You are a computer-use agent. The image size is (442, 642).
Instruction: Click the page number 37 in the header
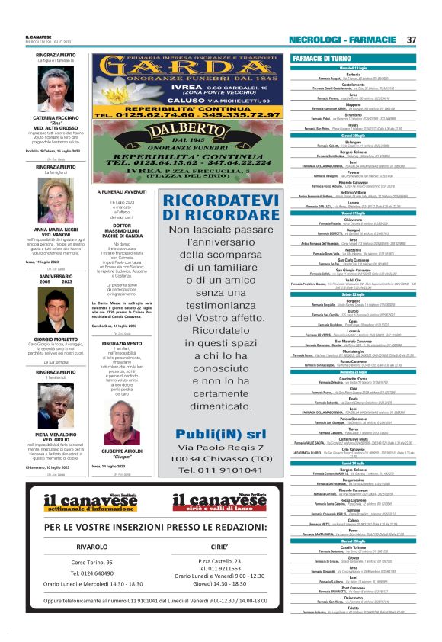[x=411, y=40]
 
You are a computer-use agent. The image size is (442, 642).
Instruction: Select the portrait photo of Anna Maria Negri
[x=56, y=201]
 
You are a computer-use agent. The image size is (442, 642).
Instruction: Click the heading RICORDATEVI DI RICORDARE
[x=213, y=208]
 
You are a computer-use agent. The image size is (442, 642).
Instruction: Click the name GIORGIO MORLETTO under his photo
[x=56, y=339]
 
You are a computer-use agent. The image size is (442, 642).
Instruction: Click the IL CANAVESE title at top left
[x=38, y=36]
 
